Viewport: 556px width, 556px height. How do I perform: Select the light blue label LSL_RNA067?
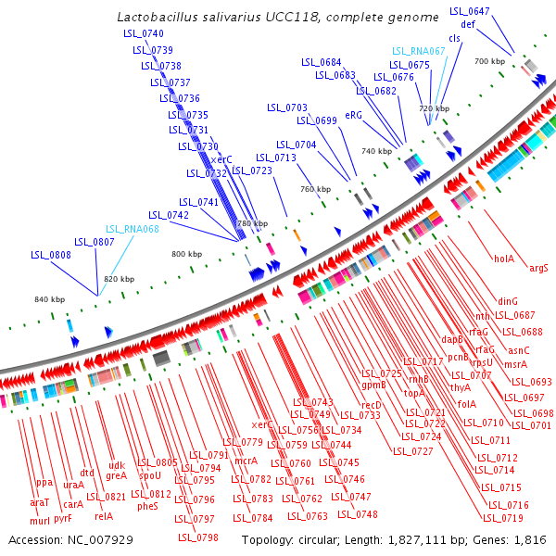(x=418, y=51)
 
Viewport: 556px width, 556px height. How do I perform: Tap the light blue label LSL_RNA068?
(x=133, y=229)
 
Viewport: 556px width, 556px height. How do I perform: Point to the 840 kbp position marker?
(x=49, y=298)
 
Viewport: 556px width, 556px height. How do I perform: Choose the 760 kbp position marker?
(x=315, y=189)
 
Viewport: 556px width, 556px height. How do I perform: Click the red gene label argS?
(x=538, y=268)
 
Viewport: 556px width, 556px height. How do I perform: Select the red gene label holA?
(x=504, y=259)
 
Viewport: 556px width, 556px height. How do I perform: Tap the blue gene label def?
(x=468, y=24)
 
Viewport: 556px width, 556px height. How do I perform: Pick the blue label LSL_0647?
(x=469, y=11)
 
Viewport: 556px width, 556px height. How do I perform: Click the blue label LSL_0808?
(x=50, y=255)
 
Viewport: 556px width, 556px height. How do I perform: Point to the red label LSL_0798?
(x=199, y=537)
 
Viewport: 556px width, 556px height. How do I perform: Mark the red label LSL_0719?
(x=499, y=518)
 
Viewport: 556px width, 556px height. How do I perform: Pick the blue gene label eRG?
(x=353, y=116)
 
